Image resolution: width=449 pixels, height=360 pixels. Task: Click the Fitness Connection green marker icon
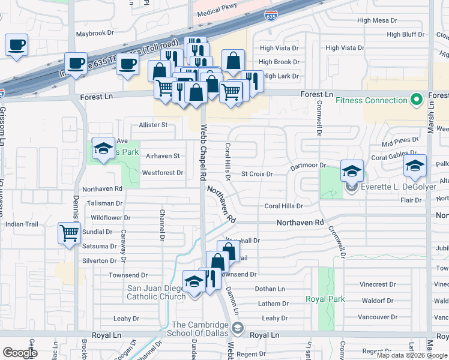[x=415, y=100]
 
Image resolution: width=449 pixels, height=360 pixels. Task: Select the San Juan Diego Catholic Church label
[x=156, y=292]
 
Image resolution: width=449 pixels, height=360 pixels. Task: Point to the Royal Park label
[x=325, y=299]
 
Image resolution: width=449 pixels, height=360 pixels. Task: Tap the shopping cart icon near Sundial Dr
[x=70, y=232]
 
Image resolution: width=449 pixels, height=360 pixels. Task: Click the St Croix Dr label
[x=257, y=174]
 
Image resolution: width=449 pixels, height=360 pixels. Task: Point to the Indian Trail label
[x=22, y=224]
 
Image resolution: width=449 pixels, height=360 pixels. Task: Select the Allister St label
[x=152, y=125]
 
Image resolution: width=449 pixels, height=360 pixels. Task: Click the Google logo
[x=20, y=353]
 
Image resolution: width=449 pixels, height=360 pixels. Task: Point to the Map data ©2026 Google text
[x=411, y=355]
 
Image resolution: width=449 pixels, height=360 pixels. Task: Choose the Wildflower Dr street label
[x=110, y=217]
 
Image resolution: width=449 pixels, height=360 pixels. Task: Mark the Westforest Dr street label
[x=162, y=173]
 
